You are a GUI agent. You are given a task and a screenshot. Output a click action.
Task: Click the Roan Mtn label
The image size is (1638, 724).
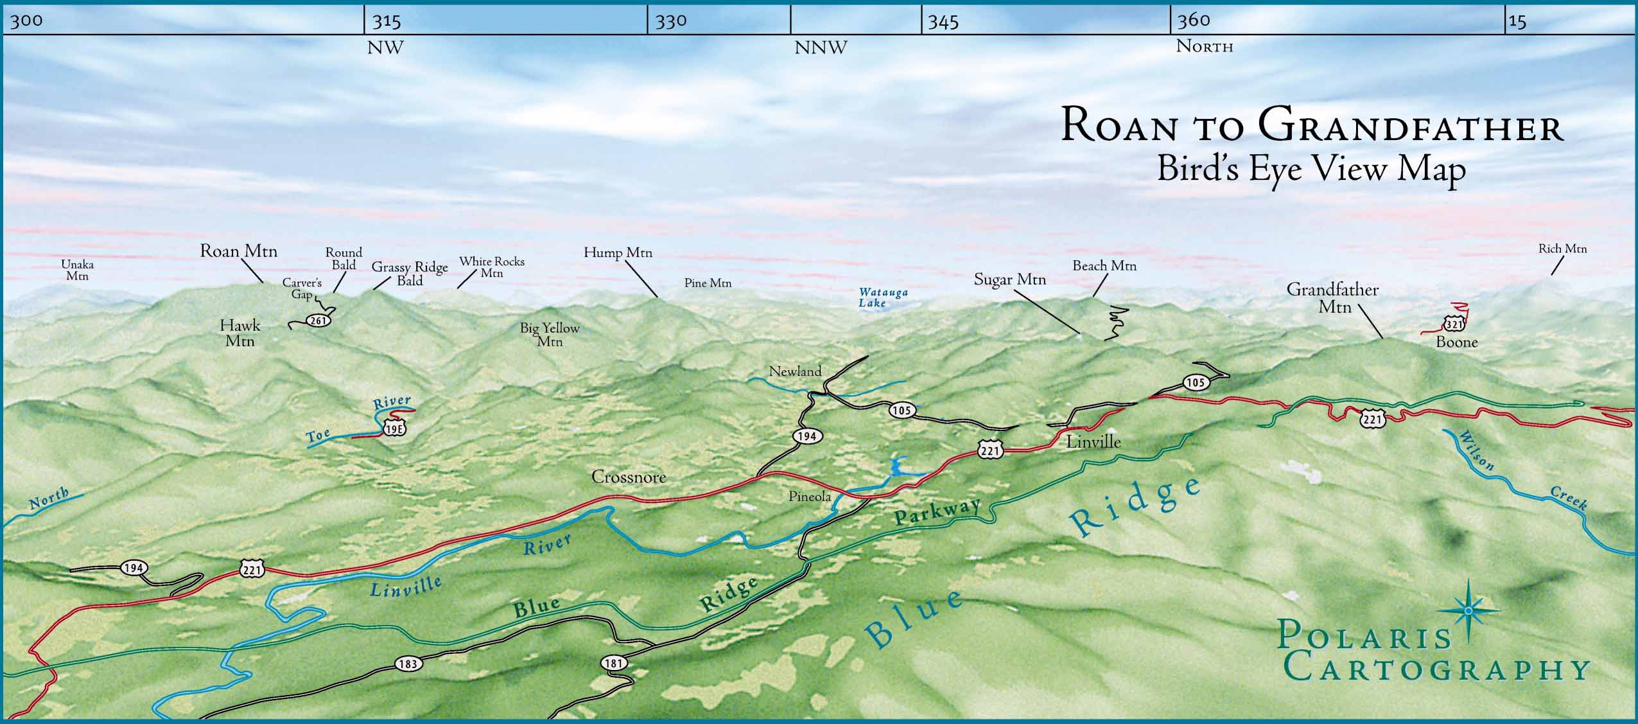238,251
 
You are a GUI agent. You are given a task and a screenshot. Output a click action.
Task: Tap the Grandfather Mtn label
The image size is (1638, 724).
1332,298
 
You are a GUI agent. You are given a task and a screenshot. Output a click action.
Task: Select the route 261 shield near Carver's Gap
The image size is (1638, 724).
319,320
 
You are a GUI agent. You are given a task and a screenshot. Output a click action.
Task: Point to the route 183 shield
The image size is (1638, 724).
408,664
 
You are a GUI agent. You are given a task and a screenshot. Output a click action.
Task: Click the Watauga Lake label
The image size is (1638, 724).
884,297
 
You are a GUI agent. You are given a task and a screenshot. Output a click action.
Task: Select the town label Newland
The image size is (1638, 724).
795,371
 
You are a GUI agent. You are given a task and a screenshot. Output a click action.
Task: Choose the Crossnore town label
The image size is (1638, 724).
628,477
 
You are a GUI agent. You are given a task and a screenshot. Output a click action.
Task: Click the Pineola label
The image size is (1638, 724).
810,497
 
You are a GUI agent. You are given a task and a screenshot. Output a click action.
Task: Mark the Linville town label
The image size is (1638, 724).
1093,442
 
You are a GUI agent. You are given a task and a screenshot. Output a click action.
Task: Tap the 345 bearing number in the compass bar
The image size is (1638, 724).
943,22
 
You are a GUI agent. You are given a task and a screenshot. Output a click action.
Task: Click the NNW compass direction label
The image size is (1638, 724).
821,48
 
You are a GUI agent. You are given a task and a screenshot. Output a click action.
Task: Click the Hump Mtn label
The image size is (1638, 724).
618,252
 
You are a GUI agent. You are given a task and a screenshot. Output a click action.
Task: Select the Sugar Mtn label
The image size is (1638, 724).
1009,279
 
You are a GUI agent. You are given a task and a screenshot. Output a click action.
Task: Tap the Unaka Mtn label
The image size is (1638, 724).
77,270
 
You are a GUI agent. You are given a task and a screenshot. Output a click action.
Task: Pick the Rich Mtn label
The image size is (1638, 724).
1562,249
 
